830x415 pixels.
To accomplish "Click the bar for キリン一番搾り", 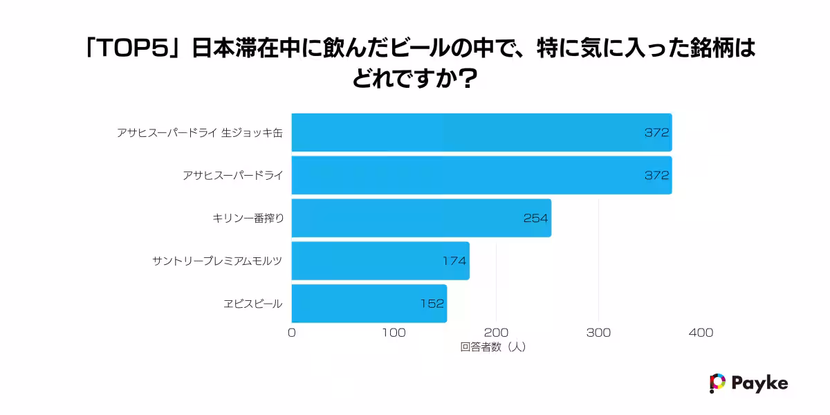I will point(421,218).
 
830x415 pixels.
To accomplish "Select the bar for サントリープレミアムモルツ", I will point(380,261).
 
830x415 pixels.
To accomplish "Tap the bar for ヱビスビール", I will point(369,303).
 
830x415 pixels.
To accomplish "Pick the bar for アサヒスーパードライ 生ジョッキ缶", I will point(481,132).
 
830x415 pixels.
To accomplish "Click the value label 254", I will point(535,218).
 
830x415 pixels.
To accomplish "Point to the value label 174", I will point(454,261).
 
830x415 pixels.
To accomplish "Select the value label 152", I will point(432,303).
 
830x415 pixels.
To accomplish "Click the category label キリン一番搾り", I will point(248,218).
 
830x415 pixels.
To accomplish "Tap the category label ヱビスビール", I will point(252,304).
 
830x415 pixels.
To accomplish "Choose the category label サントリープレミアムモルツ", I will point(218,261).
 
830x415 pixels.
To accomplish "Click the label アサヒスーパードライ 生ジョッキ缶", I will point(200,133).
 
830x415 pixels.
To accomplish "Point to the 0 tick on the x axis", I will point(291,333).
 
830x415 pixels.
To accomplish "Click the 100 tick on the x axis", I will point(394,333).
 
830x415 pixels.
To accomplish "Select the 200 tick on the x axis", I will point(496,333).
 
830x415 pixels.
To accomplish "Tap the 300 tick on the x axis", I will point(598,333).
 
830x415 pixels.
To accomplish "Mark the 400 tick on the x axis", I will point(701,333).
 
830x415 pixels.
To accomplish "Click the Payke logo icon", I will point(717,383).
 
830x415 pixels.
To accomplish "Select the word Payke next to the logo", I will point(759,383).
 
